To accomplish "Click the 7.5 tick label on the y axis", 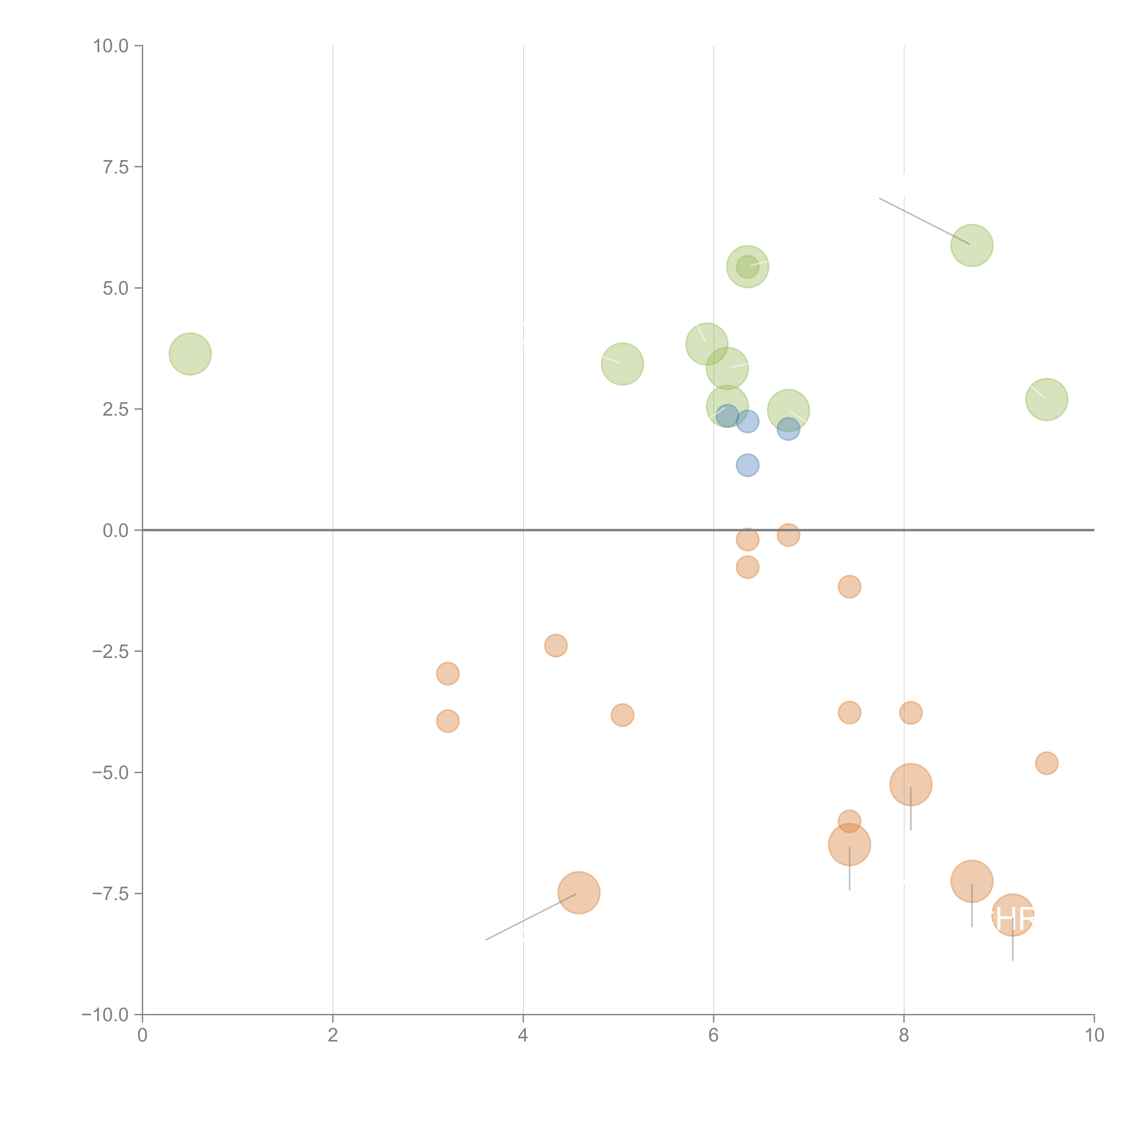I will pyautogui.click(x=116, y=167).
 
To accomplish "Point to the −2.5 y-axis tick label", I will pyautogui.click(x=110, y=651).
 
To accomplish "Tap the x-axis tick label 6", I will pyautogui.click(x=713, y=1035).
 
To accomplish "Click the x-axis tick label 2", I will pyautogui.click(x=333, y=1035).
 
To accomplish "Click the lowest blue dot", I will pyautogui.click(x=747, y=466).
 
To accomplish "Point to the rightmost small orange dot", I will pyautogui.click(x=1046, y=763).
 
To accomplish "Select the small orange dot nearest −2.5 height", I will pyautogui.click(x=555, y=645).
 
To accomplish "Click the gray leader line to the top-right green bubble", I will pyautogui.click(x=923, y=221).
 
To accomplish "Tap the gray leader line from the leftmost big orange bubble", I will pyautogui.click(x=531, y=917).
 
